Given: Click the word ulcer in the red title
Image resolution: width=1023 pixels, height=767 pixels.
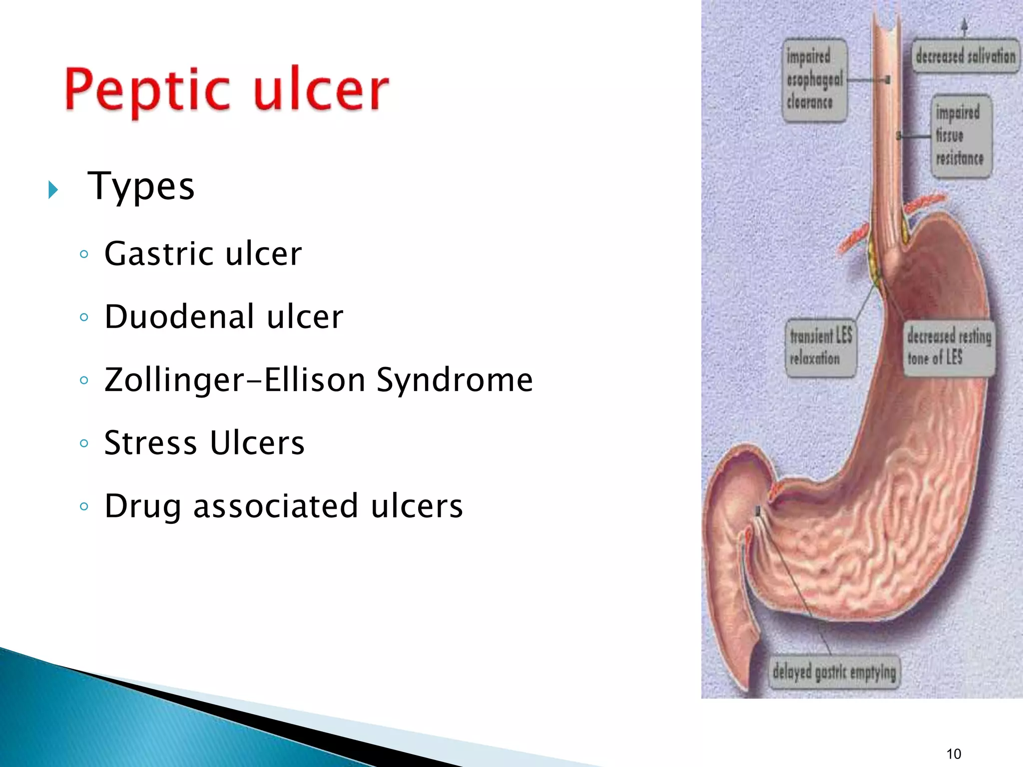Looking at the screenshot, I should (x=321, y=90).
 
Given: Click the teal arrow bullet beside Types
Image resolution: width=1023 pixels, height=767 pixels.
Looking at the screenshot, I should (x=53, y=190).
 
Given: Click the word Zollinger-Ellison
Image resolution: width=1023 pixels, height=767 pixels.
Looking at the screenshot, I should (x=235, y=380).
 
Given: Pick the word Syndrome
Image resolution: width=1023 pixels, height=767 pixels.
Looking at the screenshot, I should (x=455, y=380).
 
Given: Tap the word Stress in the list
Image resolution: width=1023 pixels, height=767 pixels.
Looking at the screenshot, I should (x=150, y=443).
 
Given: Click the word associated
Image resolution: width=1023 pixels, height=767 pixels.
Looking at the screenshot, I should (x=275, y=506).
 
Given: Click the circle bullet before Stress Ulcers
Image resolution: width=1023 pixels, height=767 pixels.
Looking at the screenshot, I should (x=84, y=443).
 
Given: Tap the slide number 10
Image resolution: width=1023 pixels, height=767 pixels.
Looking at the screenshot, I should (x=954, y=754).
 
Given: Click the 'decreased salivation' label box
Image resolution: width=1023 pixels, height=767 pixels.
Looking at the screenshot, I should (x=965, y=56).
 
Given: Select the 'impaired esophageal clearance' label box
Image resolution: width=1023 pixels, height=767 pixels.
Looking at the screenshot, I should (x=814, y=80).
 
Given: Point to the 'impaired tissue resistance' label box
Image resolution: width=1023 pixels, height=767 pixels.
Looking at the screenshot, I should (x=960, y=136).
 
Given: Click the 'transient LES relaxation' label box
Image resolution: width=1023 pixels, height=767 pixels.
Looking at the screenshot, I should (x=820, y=348).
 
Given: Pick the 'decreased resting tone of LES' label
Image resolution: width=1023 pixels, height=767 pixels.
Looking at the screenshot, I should (x=948, y=348).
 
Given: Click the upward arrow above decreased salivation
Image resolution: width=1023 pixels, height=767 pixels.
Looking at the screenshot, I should (x=965, y=26).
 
